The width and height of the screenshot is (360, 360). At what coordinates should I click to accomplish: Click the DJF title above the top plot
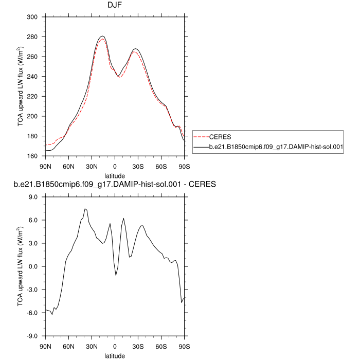pyautogui.click(x=115, y=7)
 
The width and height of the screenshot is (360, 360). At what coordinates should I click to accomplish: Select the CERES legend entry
pyautogui.click(x=220, y=136)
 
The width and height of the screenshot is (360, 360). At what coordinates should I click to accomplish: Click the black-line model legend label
pyautogui.click(x=277, y=147)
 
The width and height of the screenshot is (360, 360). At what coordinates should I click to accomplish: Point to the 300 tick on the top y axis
pyautogui.click(x=33, y=17)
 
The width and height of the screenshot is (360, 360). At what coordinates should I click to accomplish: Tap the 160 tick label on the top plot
pyautogui.click(x=33, y=156)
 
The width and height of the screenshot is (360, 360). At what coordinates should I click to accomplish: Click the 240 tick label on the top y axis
pyautogui.click(x=33, y=77)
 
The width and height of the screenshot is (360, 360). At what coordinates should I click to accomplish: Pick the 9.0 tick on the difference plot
pyautogui.click(x=34, y=197)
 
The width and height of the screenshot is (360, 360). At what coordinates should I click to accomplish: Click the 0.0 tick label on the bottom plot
pyautogui.click(x=34, y=266)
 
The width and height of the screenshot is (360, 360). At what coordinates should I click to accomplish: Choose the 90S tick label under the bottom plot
pyautogui.click(x=184, y=346)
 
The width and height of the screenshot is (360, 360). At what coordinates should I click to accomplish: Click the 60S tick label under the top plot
pyautogui.click(x=161, y=167)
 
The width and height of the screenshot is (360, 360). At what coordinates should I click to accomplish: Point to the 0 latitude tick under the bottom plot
pyautogui.click(x=115, y=346)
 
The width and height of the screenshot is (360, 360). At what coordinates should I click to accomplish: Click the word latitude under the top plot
pyautogui.click(x=115, y=175)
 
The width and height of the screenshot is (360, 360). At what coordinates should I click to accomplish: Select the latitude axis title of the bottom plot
pyautogui.click(x=115, y=355)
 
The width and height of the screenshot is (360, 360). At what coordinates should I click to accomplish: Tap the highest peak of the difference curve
pyautogui.click(x=85, y=209)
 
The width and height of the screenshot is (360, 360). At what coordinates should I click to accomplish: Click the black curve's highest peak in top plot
pyautogui.click(x=102, y=36)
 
